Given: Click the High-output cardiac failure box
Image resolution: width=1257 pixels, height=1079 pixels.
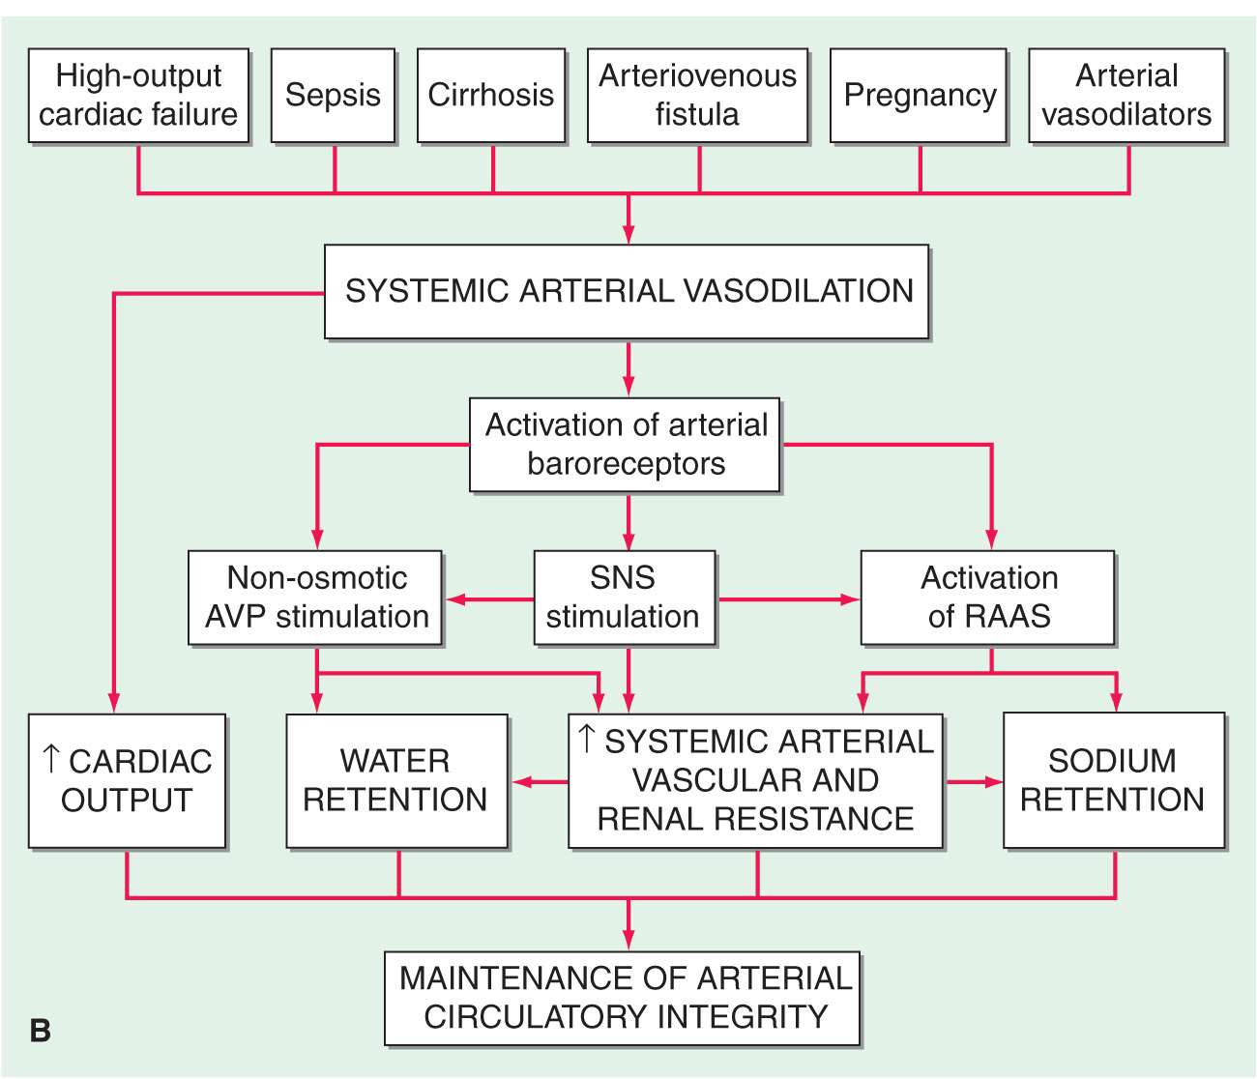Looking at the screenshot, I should [x=138, y=96].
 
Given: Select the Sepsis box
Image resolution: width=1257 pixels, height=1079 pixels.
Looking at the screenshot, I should [x=333, y=96].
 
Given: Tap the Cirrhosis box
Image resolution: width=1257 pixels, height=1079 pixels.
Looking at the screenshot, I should [x=491, y=96].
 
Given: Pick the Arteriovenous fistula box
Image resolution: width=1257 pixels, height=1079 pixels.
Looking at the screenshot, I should [x=697, y=96].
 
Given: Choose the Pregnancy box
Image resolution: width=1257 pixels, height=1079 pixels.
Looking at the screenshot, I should [x=919, y=96].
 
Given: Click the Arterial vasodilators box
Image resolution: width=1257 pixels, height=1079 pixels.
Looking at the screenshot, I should [x=1126, y=96].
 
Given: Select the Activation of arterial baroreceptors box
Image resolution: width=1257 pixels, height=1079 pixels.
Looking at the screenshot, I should [x=625, y=445].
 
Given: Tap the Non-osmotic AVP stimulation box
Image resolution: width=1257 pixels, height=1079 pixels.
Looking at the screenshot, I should [x=316, y=598].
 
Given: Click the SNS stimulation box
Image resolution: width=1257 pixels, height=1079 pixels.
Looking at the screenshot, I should [x=625, y=598].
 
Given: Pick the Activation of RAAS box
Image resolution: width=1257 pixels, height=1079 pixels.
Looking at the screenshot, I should [x=987, y=598].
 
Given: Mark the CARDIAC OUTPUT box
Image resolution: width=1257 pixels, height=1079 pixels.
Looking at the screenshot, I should [x=127, y=781].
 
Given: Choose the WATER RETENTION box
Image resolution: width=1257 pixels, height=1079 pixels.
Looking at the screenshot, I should [x=396, y=781].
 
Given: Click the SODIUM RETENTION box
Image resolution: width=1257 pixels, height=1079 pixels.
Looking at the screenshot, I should [x=1114, y=781].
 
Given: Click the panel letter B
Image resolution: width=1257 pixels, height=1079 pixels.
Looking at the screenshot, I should [x=40, y=1031].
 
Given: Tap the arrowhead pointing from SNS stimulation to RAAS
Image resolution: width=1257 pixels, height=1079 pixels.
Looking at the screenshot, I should [x=850, y=599].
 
